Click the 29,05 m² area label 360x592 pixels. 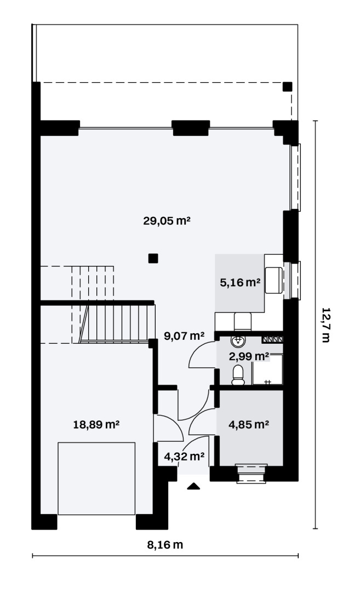point(167,220)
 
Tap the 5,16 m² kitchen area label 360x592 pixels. point(240,282)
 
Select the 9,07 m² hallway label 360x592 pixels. point(184,335)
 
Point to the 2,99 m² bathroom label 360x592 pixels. point(249,356)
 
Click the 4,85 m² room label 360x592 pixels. point(249,424)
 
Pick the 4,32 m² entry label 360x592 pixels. point(184,457)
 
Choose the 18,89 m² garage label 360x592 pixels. point(96,424)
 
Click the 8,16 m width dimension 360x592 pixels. point(165,545)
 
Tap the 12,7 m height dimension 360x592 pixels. point(325,325)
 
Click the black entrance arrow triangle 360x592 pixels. point(193,486)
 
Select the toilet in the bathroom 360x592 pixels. point(238,375)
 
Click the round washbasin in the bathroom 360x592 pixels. point(238,341)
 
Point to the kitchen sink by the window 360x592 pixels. point(274,280)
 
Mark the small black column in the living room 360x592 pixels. point(153,258)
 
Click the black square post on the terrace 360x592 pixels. point(288,87)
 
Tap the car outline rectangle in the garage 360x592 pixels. point(96,479)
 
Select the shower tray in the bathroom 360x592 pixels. point(267,369)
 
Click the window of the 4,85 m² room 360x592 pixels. point(252,474)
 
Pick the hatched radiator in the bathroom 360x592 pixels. point(272,339)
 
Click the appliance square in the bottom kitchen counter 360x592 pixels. point(243,322)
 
